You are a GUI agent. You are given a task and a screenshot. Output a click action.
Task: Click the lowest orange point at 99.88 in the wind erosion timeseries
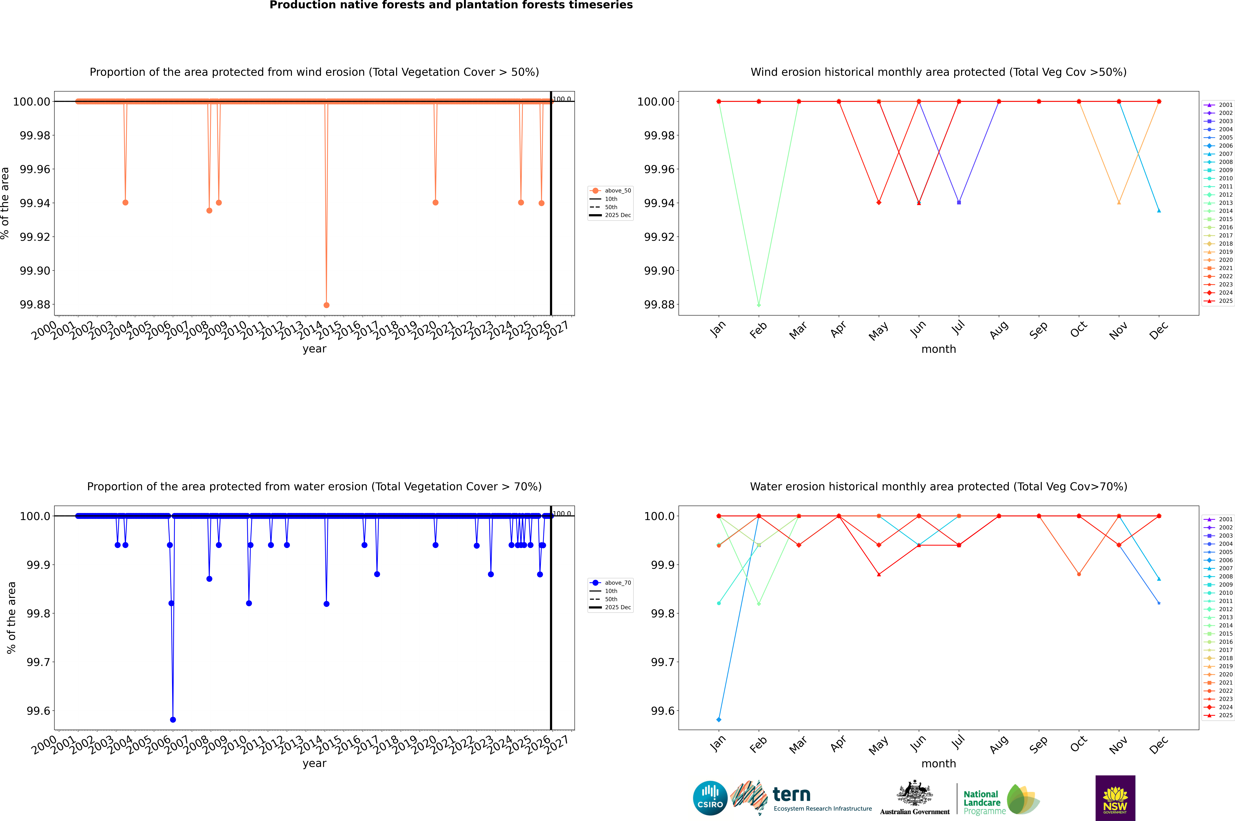coord(326,305)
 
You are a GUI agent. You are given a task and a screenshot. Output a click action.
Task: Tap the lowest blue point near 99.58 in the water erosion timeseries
coord(173,719)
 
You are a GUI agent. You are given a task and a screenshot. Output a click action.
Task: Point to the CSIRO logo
coord(710,798)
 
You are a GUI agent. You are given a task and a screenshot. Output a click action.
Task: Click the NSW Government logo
coord(1115,798)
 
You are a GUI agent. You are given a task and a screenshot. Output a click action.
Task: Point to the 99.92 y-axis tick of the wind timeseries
coord(35,237)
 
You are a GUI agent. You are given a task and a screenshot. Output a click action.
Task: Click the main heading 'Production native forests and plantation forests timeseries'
coord(451,5)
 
